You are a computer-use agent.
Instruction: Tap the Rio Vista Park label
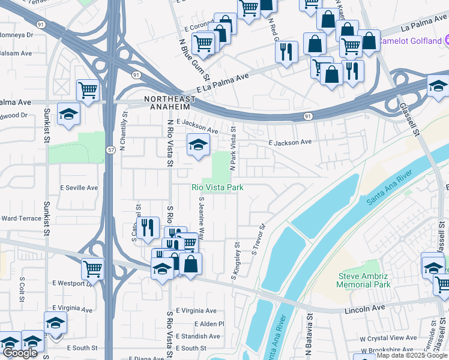(x=217, y=188)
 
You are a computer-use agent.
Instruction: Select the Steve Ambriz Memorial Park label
(x=364, y=280)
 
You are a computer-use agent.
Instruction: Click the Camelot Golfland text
(x=414, y=40)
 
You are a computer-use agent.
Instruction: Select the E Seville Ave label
(x=79, y=188)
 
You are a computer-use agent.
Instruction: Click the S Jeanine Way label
(x=202, y=218)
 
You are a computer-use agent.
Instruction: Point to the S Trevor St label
(x=259, y=241)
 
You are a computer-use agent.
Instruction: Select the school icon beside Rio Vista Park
(x=198, y=145)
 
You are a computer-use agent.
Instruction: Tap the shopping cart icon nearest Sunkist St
(x=88, y=91)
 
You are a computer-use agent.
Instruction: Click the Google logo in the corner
(x=20, y=353)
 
